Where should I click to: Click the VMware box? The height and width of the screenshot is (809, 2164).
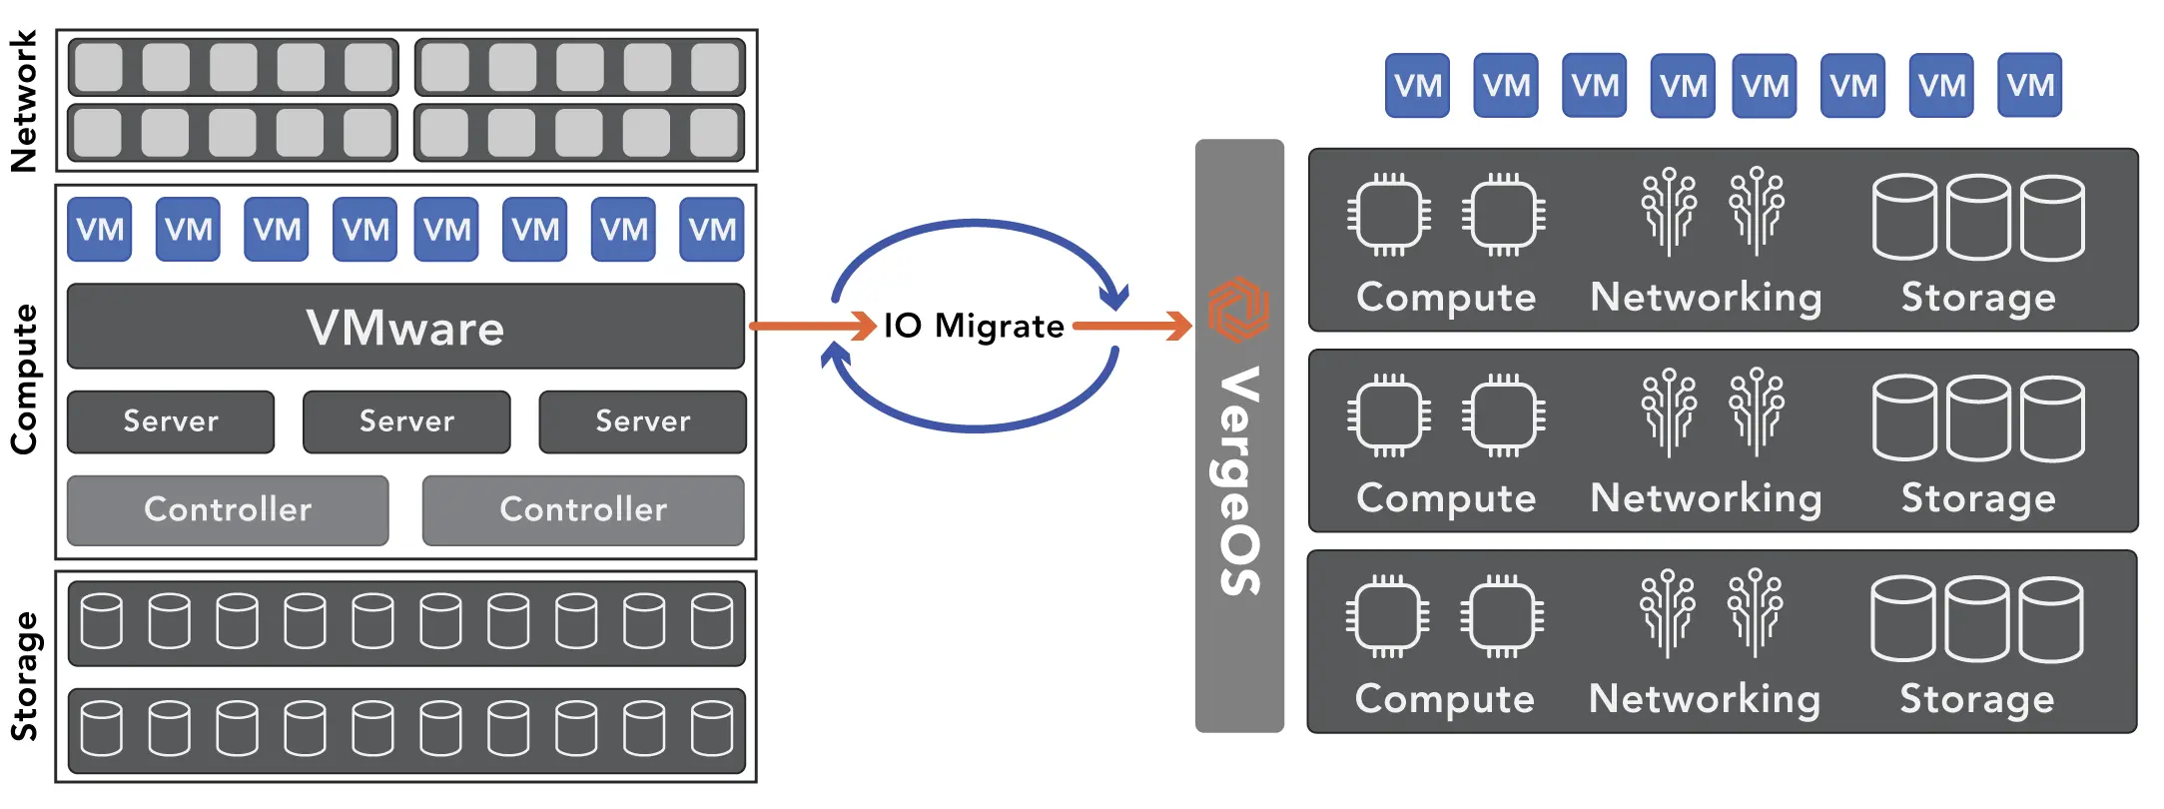[x=405, y=327]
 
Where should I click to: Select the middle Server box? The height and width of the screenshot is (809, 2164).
[x=406, y=421]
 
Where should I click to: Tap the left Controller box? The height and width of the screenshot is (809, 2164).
[x=228, y=509]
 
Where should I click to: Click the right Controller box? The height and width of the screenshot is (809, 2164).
[x=583, y=509]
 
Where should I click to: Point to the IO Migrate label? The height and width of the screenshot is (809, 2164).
[x=974, y=326]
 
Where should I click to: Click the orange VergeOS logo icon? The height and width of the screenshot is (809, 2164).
[x=1238, y=308]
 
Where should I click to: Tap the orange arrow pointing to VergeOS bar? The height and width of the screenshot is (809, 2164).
[x=1133, y=326]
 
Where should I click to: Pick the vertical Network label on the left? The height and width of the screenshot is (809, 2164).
[x=23, y=100]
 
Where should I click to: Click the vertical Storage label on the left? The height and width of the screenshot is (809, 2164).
[x=23, y=676]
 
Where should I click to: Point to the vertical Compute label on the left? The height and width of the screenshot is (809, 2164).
[x=23, y=379]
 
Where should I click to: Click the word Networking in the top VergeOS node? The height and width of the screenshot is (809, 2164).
[x=1706, y=298]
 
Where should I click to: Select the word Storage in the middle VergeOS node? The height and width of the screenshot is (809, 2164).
[x=1978, y=498]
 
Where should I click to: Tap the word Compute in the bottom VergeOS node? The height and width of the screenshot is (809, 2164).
[x=1444, y=699]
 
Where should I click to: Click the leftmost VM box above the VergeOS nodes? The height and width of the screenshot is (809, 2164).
[x=1417, y=86]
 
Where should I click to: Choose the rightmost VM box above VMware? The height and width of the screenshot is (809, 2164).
[x=711, y=230]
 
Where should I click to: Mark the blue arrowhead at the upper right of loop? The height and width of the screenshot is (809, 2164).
[x=1114, y=296]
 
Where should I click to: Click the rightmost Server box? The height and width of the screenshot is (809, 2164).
[x=642, y=421]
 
